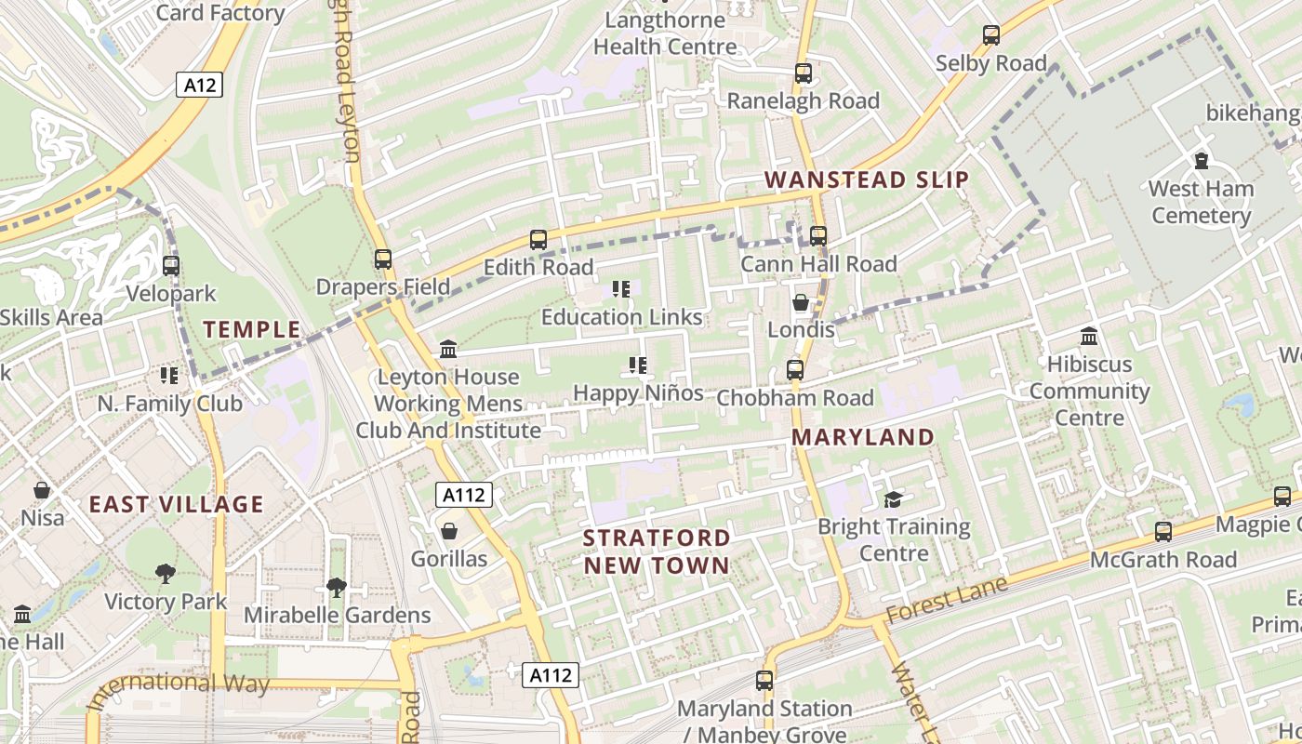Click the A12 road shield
tap(200, 86)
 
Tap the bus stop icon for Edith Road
tap(538, 240)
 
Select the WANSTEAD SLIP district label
tap(867, 179)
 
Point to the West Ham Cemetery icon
tap(1201, 161)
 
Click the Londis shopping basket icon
tap(800, 302)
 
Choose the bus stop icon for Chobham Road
tap(794, 370)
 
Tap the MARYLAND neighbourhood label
tap(863, 436)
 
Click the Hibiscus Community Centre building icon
tap(1088, 336)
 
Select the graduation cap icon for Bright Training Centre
tap(893, 499)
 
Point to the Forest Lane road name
tap(947, 602)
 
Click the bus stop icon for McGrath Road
tap(1162, 532)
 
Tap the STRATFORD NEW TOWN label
tap(657, 551)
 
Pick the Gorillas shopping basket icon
tap(449, 531)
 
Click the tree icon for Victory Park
tap(166, 574)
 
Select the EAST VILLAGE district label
tap(177, 504)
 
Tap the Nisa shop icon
tap(42, 489)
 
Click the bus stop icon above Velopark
tap(170, 266)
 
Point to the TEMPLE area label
tap(252, 328)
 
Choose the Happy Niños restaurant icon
tap(637, 365)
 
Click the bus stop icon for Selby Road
tap(991, 36)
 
